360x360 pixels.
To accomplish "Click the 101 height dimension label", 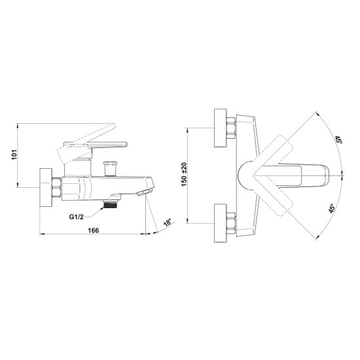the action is [x=14, y=154].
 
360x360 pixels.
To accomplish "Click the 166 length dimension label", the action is [x=93, y=230].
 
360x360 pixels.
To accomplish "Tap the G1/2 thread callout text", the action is [x=77, y=217].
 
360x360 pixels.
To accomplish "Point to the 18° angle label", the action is [x=168, y=223].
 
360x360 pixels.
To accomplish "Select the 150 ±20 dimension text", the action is [x=184, y=175].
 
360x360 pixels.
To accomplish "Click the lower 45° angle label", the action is [x=332, y=208].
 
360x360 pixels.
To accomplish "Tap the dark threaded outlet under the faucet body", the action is [x=111, y=204].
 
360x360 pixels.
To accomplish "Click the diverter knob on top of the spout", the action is [x=111, y=169].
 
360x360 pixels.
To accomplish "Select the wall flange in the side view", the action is [x=46, y=188].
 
